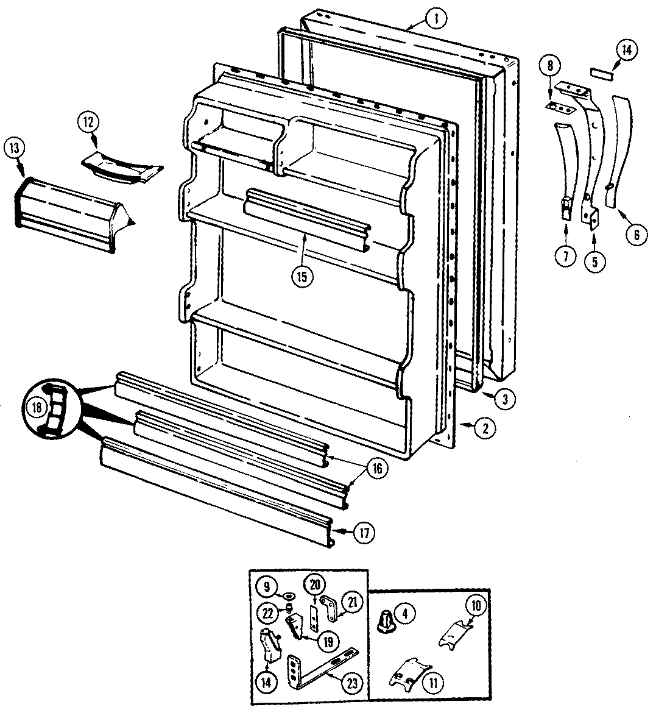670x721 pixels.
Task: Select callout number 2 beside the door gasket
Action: click(485, 428)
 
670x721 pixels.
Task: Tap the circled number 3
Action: click(505, 399)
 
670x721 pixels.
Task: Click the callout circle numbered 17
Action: click(364, 533)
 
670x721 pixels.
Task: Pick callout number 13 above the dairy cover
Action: click(14, 148)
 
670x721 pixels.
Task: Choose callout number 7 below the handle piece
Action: click(565, 257)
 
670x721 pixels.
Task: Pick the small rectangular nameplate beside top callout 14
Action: click(601, 73)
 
